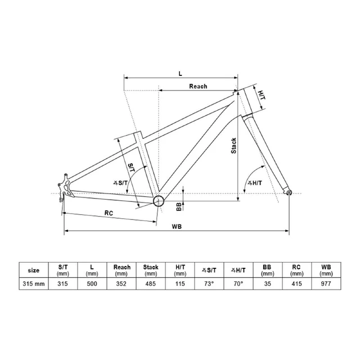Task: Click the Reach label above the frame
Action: coord(198,86)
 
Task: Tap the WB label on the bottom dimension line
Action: coord(177,227)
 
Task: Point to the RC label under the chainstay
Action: coord(109,213)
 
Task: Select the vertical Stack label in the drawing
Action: coord(233,146)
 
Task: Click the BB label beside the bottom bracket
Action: coord(179,206)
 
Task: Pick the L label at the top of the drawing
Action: coord(181,74)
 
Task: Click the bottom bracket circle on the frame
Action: coord(159,201)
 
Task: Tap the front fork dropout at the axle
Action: coord(289,192)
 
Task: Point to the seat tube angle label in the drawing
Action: coord(121,183)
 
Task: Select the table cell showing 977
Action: coord(326,283)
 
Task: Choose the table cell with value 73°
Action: coord(209,283)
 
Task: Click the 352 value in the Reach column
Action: coord(121,283)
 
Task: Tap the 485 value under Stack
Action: coord(151,283)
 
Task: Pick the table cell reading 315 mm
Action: coord(34,283)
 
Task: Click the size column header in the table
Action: coord(34,270)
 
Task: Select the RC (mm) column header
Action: coord(296,270)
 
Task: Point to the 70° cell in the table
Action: coord(238,283)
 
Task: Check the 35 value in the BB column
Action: coord(268,283)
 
